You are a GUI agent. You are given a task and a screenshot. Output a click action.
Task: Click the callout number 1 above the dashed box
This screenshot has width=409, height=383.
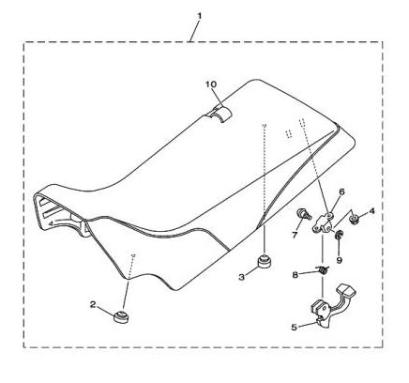coord(199,15)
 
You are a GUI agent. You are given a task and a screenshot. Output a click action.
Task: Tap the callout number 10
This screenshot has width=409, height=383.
coord(211,84)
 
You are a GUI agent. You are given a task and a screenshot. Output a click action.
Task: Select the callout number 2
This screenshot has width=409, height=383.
coord(93,304)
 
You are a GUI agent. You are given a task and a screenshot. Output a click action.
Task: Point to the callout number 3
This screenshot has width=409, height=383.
coord(241,277)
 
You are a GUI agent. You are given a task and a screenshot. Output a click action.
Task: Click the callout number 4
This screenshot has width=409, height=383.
coord(371,211)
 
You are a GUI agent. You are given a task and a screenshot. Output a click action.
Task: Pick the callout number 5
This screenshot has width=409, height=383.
coord(294,328)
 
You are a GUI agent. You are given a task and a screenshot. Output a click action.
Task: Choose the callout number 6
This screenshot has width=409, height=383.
coord(341,191)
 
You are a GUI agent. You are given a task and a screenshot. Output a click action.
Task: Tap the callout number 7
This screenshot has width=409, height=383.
coord(295,235)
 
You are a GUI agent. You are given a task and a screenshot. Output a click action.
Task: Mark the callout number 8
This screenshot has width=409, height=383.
coord(295,275)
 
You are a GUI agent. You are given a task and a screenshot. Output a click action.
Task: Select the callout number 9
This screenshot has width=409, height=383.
coord(340,260)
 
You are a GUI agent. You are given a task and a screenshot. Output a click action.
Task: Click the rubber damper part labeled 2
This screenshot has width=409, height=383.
coord(121,316)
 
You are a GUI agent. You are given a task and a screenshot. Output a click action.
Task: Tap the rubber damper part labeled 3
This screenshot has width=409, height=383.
coord(264,261)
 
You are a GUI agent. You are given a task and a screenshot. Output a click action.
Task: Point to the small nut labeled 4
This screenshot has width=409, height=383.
coord(355,219)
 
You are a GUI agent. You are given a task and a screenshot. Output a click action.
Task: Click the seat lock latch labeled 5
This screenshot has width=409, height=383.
coord(331,307)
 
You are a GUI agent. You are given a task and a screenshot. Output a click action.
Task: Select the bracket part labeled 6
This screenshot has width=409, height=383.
coord(323,222)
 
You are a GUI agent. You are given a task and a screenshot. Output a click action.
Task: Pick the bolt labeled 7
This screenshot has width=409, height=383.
coord(303,214)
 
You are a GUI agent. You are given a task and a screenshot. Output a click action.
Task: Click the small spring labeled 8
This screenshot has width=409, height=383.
coord(323,269)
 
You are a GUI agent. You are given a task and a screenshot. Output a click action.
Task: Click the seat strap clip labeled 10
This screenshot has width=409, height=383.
coord(220,114)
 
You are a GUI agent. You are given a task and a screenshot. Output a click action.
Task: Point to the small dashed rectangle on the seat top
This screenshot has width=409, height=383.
coord(289,133)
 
